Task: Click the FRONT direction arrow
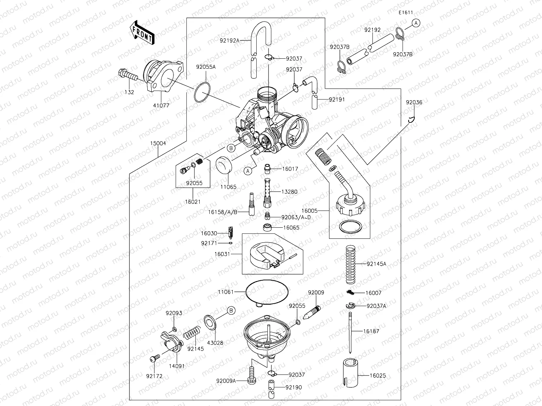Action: click(142, 32)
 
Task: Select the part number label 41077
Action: click(161, 106)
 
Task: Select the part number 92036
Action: click(414, 102)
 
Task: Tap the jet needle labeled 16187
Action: click(350, 331)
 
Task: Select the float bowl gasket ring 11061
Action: click(267, 292)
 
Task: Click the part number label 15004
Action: click(158, 143)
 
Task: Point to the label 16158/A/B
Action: click(223, 212)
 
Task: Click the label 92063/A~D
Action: click(296, 217)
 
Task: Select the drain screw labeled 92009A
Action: click(252, 374)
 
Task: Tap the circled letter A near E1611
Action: click(415, 23)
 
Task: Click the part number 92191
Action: click(337, 100)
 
